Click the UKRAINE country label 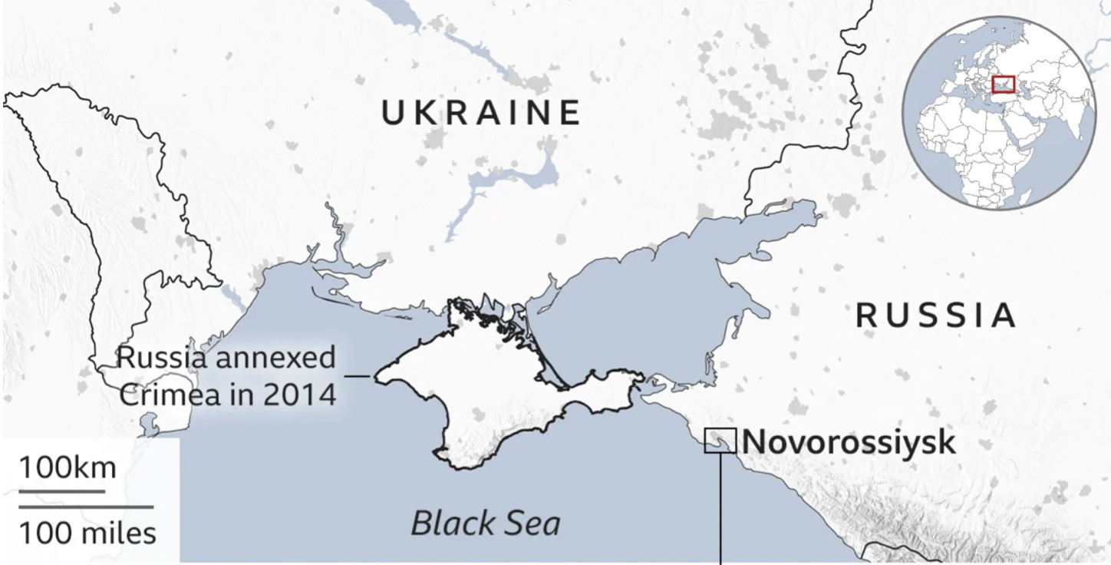point(481,113)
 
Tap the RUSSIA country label point(936,316)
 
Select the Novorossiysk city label point(849,442)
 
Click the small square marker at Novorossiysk point(720,441)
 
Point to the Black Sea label point(485,524)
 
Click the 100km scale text point(68,468)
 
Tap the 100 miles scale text point(87,532)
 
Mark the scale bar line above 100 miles point(86,507)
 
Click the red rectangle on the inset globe point(1003,84)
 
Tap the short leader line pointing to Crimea point(359,376)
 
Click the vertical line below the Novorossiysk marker point(720,507)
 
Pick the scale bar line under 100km point(61,491)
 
